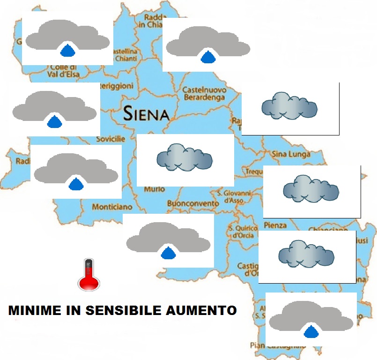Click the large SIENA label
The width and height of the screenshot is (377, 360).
[x=146, y=113]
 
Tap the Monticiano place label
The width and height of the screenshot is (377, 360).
[x=112, y=207]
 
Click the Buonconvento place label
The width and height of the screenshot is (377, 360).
[x=192, y=204]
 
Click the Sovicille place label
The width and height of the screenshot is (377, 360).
[x=111, y=139]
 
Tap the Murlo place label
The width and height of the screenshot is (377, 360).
[x=155, y=189]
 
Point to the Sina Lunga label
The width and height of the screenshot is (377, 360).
[x=291, y=153]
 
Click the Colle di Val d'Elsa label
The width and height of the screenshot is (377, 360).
[x=64, y=70]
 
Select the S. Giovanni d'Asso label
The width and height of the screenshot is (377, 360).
[x=234, y=196]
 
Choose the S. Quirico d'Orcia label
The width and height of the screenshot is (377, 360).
[x=243, y=232]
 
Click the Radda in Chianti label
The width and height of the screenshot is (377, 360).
[x=152, y=21]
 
